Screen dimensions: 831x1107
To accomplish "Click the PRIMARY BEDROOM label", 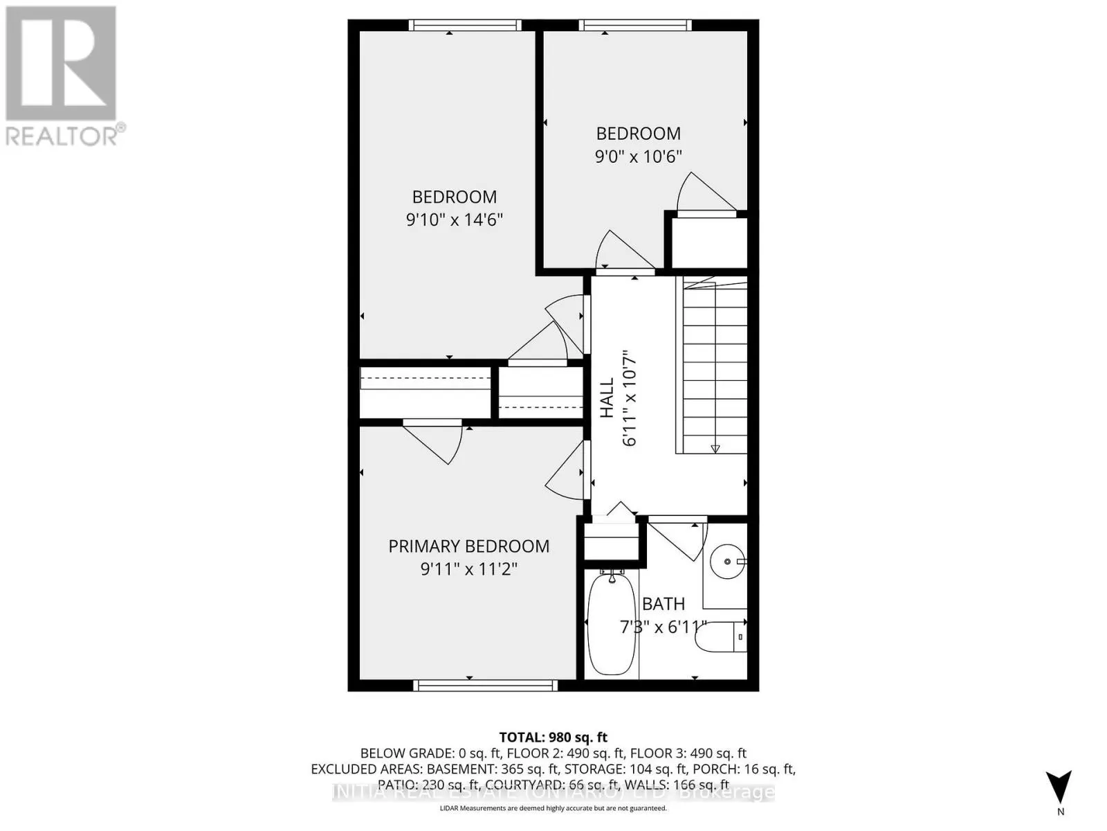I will pos(468,546).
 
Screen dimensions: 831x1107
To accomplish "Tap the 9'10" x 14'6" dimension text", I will pos(454,220).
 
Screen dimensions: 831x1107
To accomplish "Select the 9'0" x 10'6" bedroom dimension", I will pos(638,157).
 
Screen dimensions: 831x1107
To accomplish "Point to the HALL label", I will pos(607,397).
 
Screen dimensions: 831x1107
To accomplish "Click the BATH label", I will pos(663,604).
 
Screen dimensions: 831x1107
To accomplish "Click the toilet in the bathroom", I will pos(720,637).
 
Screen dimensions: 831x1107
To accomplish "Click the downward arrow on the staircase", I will pos(715,448).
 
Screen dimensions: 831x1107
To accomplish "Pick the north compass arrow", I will pos(1059,787).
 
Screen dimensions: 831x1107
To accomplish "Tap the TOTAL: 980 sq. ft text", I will pos(553,738).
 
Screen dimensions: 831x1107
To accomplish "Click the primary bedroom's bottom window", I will pos(485,686).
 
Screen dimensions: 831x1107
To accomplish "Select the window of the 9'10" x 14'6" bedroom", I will pos(464,26).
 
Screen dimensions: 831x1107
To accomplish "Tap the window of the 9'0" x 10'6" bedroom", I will pos(635,26).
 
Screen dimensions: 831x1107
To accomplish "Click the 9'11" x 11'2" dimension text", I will pos(468,569).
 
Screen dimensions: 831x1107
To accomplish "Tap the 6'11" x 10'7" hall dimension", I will pos(630,397).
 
